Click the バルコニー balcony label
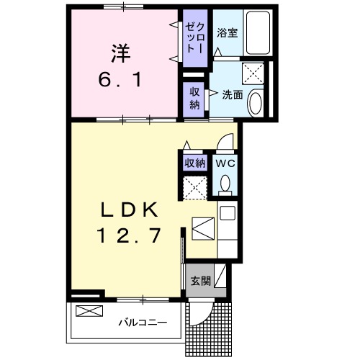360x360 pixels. pyautogui.click(x=143, y=323)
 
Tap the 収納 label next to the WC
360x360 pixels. pyautogui.click(x=195, y=163)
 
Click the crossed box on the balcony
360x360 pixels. pyautogui.click(x=90, y=312)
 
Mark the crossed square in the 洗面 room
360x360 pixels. pyautogui.click(x=252, y=73)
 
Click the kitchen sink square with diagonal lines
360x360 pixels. pyautogui.click(x=204, y=229)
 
